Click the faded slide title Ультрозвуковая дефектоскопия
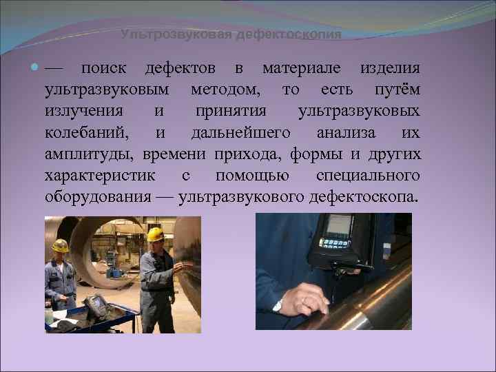point(231,34)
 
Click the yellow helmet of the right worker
point(155,235)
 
